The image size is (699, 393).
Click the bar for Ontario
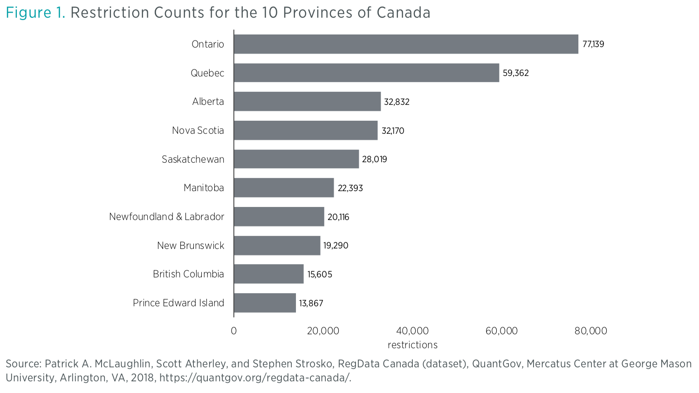coord(405,44)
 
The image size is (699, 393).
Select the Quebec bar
coord(366,73)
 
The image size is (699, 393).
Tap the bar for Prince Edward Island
coord(265,303)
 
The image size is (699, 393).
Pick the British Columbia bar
coord(268,274)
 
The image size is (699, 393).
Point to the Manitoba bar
coord(284,188)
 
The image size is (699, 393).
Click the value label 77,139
coord(593,44)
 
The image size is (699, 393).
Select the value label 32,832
coord(397,102)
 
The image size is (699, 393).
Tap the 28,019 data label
coord(374,159)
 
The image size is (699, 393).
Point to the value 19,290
coord(336,246)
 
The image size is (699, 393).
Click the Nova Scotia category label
coord(198,131)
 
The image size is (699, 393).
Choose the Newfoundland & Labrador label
coord(166,217)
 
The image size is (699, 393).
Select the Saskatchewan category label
coord(192,159)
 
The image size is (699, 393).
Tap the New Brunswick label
coord(190,246)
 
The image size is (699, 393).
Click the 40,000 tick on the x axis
coord(412,331)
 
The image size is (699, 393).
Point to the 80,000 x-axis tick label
coord(590,331)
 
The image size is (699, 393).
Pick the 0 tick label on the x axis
coord(233,331)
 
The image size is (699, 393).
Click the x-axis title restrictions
coord(412,345)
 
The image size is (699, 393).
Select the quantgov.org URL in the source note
coord(255,378)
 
